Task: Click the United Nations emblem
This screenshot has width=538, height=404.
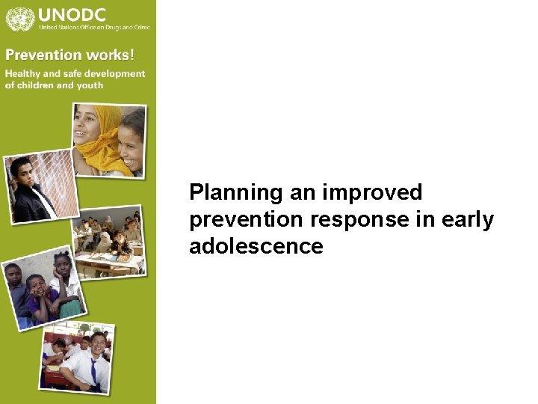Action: (x=20, y=17)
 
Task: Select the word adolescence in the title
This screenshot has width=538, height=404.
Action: (x=256, y=246)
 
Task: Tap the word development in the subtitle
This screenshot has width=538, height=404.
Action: (x=115, y=73)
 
